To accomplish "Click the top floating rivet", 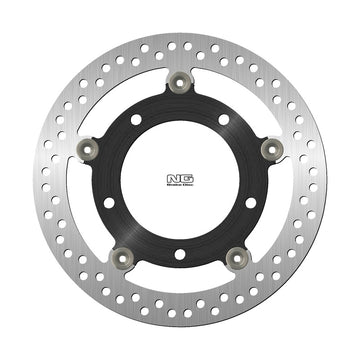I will (x=180, y=80).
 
